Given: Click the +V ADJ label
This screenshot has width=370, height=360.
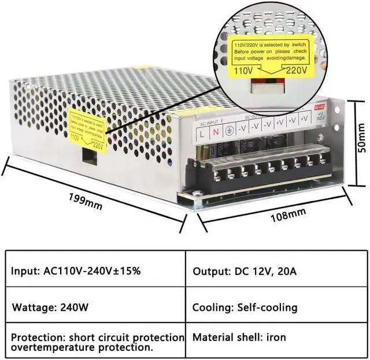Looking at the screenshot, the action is click(321, 118).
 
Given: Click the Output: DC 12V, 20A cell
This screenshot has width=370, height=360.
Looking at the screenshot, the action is click(245, 270).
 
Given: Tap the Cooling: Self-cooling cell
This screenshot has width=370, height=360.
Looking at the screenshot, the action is click(245, 307).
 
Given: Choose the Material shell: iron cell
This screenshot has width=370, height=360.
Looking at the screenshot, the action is click(239, 337).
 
